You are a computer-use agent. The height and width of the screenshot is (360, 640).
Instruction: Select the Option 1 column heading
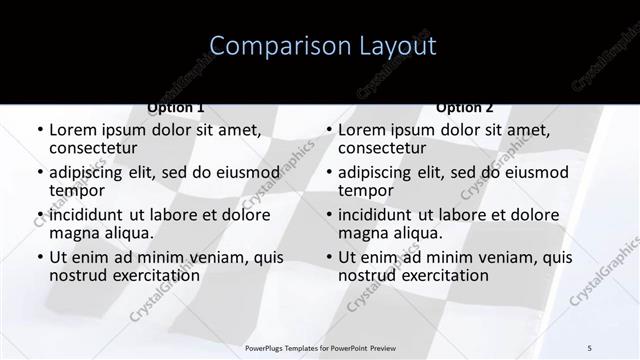coord(176,107)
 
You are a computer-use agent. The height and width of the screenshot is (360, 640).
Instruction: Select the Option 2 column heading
coord(465,107)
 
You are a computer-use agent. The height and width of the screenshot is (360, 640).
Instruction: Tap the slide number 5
coord(590,347)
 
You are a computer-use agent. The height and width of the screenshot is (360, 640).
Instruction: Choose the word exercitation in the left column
coord(142,276)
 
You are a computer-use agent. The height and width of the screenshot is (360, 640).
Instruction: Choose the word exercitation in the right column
coord(431,276)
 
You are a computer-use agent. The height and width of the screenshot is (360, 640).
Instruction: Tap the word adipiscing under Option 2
coord(374,173)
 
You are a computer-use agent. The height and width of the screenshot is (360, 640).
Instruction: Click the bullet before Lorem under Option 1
coord(40,131)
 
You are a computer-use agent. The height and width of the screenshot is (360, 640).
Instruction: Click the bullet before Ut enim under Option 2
coord(329,258)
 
